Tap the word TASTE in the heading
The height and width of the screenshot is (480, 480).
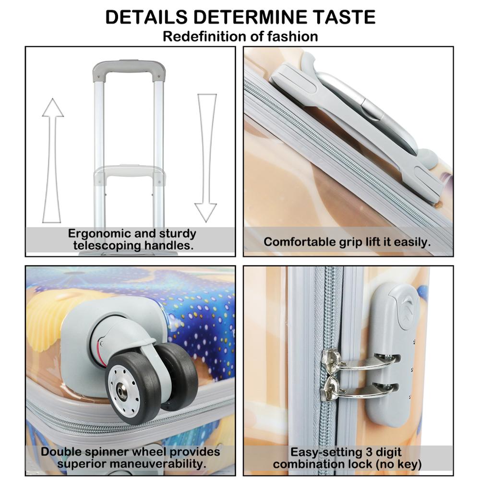point(344,17)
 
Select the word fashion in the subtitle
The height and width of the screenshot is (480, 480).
point(292,36)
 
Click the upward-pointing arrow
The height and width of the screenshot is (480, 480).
point(53,160)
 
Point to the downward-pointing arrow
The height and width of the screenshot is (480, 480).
point(206,157)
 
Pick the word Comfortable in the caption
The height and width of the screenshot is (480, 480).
point(300,242)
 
